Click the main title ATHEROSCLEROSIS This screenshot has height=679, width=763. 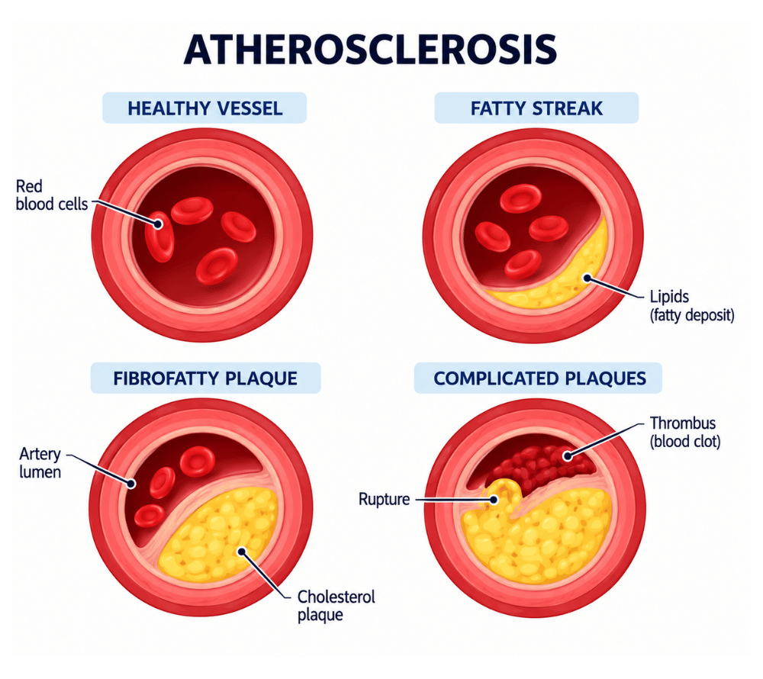[370, 50]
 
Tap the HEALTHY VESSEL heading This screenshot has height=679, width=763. [204, 108]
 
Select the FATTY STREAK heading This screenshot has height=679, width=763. [536, 108]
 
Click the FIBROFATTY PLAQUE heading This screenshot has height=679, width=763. [205, 378]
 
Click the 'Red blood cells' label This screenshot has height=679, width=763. [52, 195]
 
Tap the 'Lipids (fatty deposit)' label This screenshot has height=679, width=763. [692, 306]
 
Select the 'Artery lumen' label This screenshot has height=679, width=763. [40, 463]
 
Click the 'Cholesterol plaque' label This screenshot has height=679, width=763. [336, 606]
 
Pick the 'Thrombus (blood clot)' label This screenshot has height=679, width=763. [685, 432]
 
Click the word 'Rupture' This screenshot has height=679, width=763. [384, 500]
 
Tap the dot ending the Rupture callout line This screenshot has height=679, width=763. [494, 500]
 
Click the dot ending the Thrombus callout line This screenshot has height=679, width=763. [567, 456]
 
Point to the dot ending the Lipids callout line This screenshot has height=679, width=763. [588, 278]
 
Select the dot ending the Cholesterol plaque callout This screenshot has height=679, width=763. [241, 551]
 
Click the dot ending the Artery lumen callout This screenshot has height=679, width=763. [131, 484]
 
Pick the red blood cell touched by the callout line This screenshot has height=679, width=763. [159, 237]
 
